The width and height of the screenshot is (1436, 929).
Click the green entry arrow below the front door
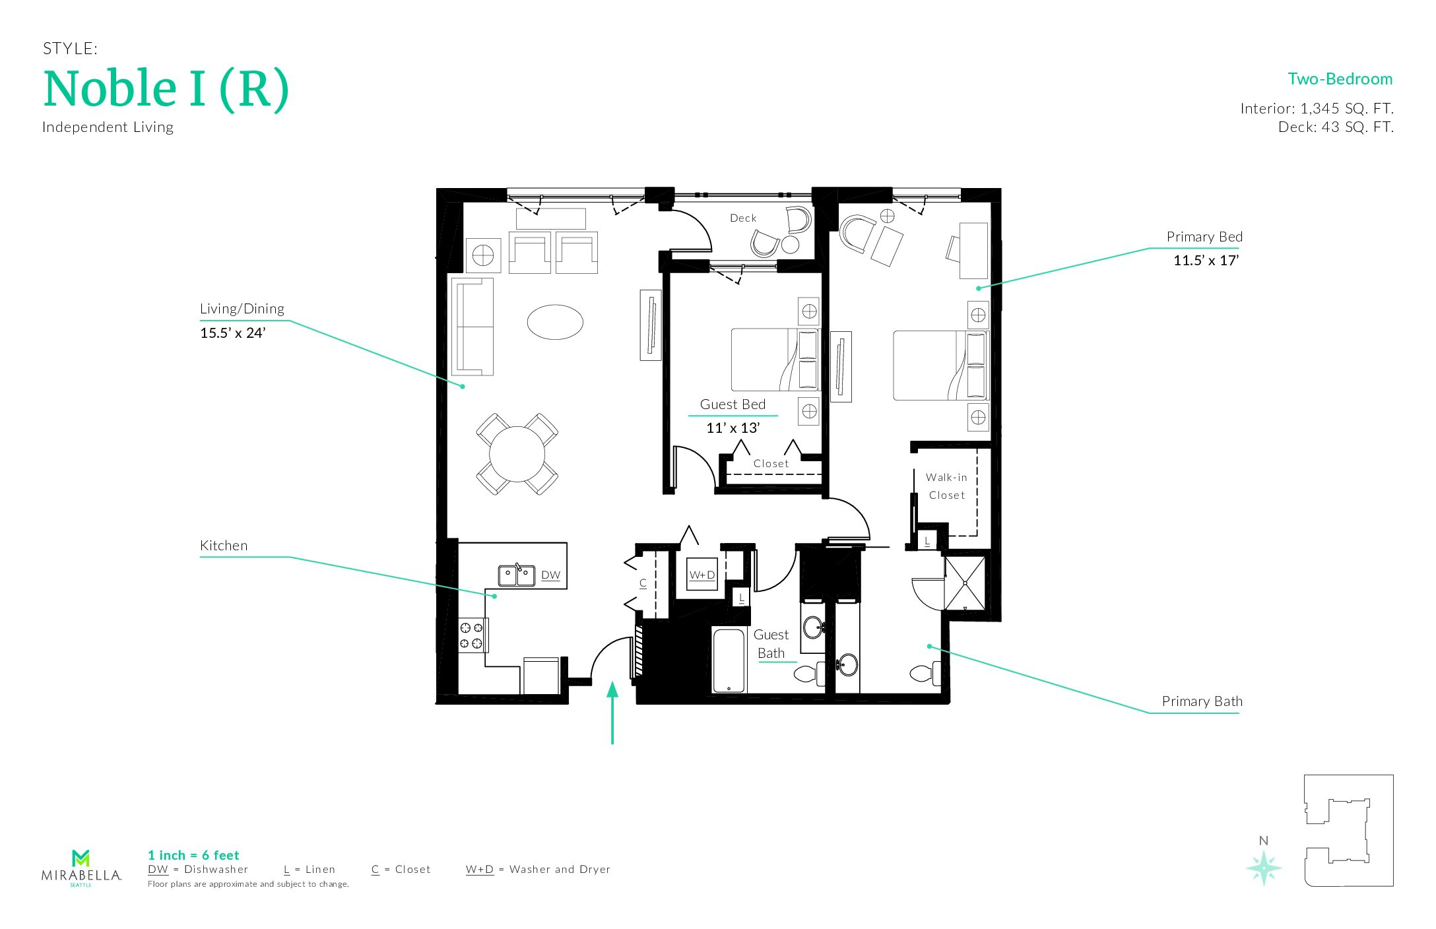(612, 713)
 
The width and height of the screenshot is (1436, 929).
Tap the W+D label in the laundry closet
(702, 575)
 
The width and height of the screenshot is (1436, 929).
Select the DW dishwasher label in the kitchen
(550, 575)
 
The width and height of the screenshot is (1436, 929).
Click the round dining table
(517, 454)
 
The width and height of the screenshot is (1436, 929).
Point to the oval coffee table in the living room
(555, 322)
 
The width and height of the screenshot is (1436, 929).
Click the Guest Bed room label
(733, 404)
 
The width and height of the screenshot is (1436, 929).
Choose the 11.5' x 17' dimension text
(1206, 261)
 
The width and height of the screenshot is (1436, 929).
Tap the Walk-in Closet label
(947, 486)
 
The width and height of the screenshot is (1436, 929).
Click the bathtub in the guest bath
(729, 660)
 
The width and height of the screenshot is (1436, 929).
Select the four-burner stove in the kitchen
(471, 635)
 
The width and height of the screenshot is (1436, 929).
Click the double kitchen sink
(517, 575)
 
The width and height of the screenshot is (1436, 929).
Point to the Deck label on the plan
(743, 218)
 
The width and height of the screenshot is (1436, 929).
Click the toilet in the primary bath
(925, 673)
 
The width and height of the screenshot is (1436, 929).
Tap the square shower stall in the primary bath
(965, 583)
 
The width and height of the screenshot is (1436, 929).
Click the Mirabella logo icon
(81, 858)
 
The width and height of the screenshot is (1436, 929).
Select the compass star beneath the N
(1264, 868)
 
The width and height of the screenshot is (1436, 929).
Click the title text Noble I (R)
(166, 89)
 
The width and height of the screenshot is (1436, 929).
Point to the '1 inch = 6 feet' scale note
(193, 856)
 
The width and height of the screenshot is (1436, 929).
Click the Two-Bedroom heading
(1340, 79)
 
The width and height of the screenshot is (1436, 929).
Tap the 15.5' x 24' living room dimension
(233, 333)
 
